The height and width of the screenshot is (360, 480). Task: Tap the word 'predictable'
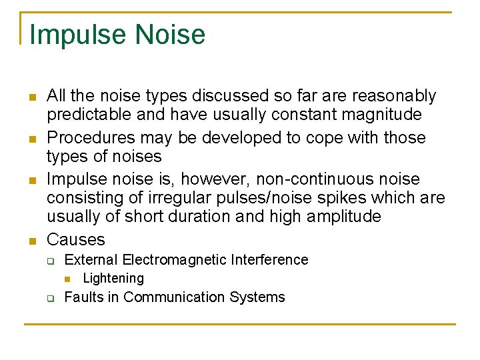coord(89,115)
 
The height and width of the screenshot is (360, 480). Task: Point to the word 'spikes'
coord(348,198)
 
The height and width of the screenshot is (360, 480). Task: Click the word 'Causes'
coord(76,239)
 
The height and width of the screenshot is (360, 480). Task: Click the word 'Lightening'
coord(113,279)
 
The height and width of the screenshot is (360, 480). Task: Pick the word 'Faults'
coord(83,297)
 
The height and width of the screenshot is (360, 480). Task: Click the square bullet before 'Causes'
coord(32,241)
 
